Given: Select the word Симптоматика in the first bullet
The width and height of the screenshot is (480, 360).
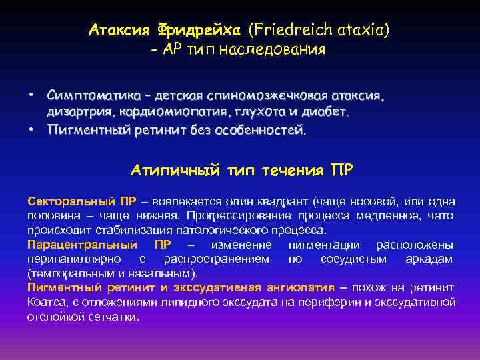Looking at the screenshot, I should tap(86, 96).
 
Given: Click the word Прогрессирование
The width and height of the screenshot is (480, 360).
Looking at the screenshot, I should tap(239, 215).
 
